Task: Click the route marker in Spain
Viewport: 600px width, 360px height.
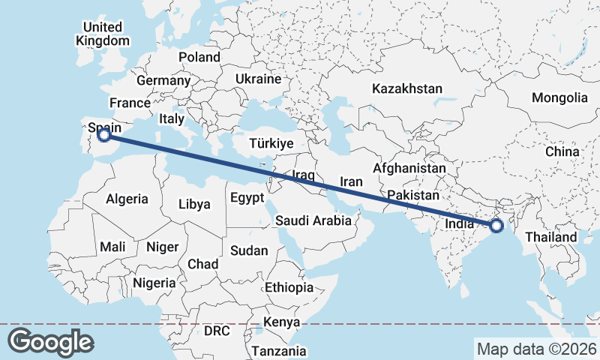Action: click(x=105, y=135)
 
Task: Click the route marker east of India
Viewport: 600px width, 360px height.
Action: click(x=496, y=225)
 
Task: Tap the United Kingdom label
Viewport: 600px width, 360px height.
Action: click(x=103, y=34)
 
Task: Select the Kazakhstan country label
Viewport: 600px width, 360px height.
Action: click(x=407, y=88)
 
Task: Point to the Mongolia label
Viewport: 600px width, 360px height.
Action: click(x=559, y=97)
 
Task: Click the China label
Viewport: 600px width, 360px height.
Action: click(x=562, y=151)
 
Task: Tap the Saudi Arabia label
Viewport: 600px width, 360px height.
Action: click(x=313, y=220)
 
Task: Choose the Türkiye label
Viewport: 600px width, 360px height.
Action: click(x=271, y=143)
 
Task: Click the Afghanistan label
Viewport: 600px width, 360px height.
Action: click(x=409, y=169)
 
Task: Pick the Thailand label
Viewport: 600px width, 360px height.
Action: click(x=551, y=237)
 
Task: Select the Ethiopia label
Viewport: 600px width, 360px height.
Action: click(x=289, y=287)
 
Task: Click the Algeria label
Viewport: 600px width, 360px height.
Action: click(x=127, y=199)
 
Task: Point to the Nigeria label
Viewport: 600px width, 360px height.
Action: click(x=154, y=283)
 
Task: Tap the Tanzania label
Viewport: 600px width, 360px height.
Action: click(x=279, y=350)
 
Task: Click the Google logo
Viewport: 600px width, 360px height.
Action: click(x=50, y=342)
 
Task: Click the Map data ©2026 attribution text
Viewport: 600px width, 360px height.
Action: click(x=536, y=349)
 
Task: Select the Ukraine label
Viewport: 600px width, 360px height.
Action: click(x=258, y=79)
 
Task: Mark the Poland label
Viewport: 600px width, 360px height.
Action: click(x=199, y=57)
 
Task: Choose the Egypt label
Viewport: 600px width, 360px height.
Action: click(x=247, y=199)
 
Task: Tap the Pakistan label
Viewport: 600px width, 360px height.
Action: click(x=412, y=196)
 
